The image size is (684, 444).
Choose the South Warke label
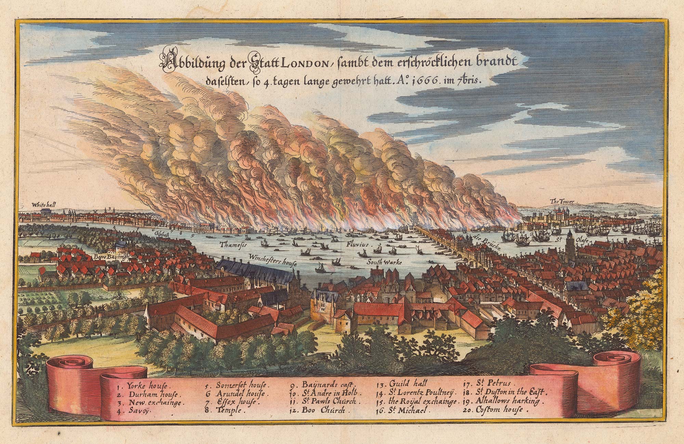click(383, 262)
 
